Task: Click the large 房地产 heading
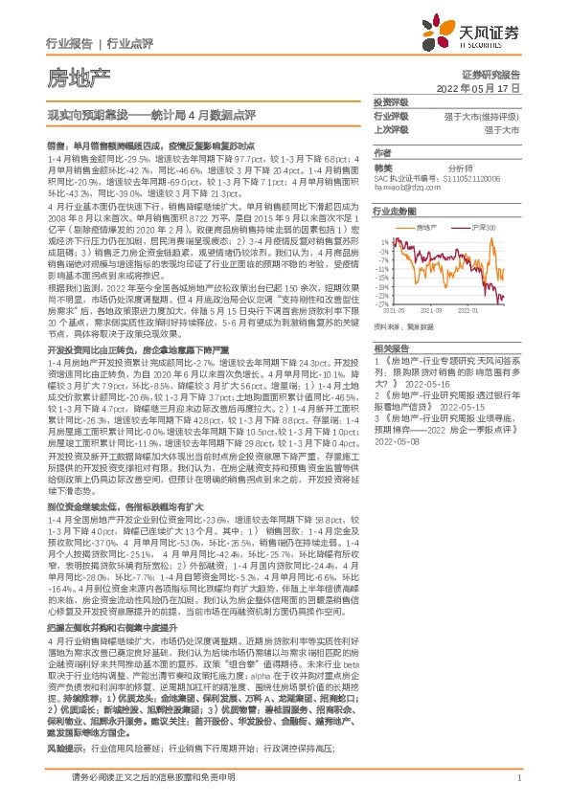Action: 78,78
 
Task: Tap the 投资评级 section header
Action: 390,101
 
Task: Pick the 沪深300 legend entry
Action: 486,227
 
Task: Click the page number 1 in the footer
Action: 517,790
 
